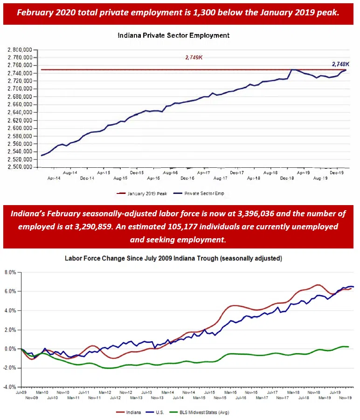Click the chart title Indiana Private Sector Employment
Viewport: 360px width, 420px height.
pos(173,35)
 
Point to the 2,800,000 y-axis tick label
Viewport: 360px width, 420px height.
pos(19,49)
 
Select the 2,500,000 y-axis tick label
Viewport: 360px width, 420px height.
pos(19,167)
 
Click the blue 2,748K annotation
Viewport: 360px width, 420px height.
pos(340,64)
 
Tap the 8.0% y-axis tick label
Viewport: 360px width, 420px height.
pos(10,272)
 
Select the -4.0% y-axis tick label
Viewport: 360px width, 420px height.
pos(9,387)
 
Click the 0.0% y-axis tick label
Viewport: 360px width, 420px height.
pos(10,349)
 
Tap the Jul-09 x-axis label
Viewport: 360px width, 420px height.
pos(20,393)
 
